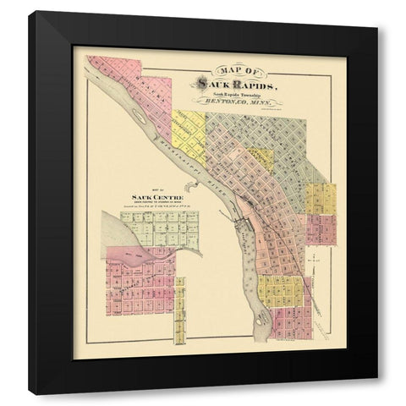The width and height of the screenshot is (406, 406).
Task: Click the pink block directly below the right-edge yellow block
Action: pyautogui.click(x=320, y=228)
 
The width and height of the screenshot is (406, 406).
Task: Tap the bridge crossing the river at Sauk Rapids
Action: pyautogui.click(x=245, y=222)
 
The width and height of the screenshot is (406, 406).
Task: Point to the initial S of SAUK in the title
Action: pyautogui.click(x=200, y=82)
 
